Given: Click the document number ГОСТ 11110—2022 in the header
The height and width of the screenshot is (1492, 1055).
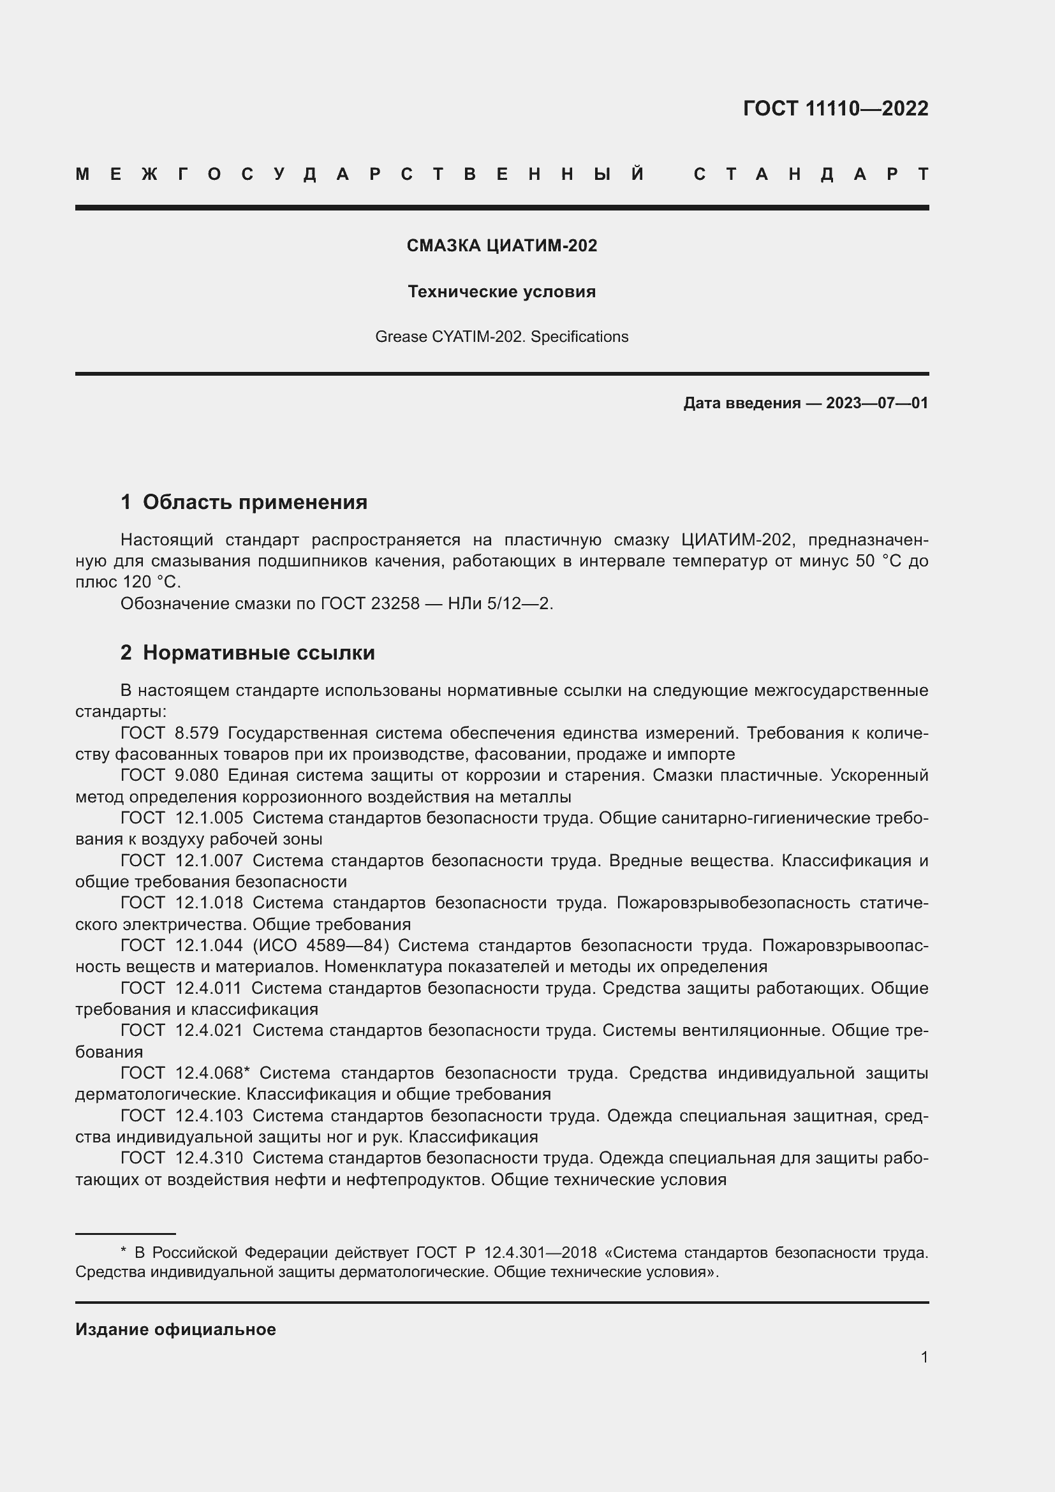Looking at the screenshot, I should coord(836,108).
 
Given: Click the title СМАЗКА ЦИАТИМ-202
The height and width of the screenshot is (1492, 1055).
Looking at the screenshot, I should coord(501,246).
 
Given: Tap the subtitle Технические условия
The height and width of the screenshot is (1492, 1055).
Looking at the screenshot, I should coord(501,292).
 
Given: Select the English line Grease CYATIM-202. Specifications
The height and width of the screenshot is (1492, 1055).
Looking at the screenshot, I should coord(501,337).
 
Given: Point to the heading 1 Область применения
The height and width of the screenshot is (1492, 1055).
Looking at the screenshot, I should coord(244,501).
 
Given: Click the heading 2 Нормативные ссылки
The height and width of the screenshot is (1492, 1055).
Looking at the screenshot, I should coord(247,653).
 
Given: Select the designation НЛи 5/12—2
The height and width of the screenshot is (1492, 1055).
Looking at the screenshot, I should coord(500,603).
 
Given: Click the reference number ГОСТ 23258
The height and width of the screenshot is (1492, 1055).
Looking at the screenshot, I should coord(370,603).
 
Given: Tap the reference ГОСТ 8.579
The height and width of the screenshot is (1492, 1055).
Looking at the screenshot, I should coord(170,733).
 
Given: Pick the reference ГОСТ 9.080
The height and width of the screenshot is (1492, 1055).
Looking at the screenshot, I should coord(170,775).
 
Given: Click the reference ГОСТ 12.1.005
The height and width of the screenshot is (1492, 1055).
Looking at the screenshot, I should coord(182,818).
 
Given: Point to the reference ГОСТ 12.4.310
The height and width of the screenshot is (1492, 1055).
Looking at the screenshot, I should coord(182,1158).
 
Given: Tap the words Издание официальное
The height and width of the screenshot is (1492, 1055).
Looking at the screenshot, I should coord(175,1329).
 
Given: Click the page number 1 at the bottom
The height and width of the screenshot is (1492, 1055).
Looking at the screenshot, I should coord(924,1357).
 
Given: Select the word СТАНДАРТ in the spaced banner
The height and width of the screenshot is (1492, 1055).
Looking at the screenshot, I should coord(811,174).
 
